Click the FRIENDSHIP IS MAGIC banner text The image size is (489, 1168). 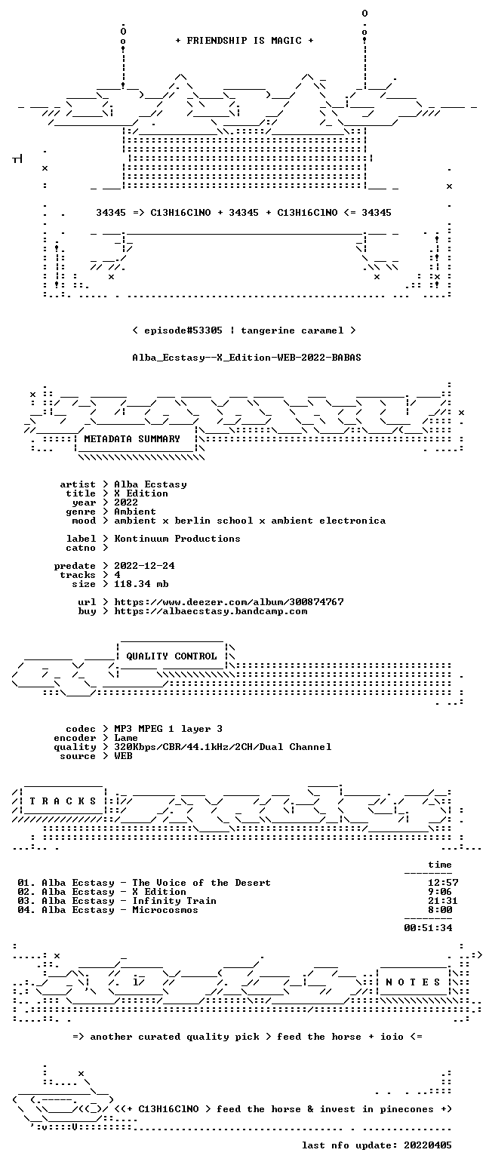(244, 41)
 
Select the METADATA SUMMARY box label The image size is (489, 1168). (132, 439)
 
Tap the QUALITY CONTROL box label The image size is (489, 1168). (171, 656)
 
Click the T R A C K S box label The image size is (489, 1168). (63, 801)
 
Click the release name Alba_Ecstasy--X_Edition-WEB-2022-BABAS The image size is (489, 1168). (247, 358)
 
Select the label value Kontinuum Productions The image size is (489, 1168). (177, 539)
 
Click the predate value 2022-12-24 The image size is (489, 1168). (144, 566)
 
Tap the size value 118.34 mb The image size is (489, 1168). (141, 584)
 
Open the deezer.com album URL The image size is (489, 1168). (229, 601)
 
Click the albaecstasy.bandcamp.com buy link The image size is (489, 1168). (211, 611)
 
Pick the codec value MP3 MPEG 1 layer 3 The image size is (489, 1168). (168, 729)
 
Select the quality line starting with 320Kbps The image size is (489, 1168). (223, 747)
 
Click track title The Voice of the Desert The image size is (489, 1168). (201, 883)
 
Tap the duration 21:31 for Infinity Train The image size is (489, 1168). (440, 901)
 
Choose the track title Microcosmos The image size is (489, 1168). (165, 910)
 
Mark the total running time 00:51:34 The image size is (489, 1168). (428, 928)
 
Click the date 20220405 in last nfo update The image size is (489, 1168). (427, 1145)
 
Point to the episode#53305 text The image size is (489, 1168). (183, 330)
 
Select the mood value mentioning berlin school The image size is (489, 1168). (250, 521)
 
